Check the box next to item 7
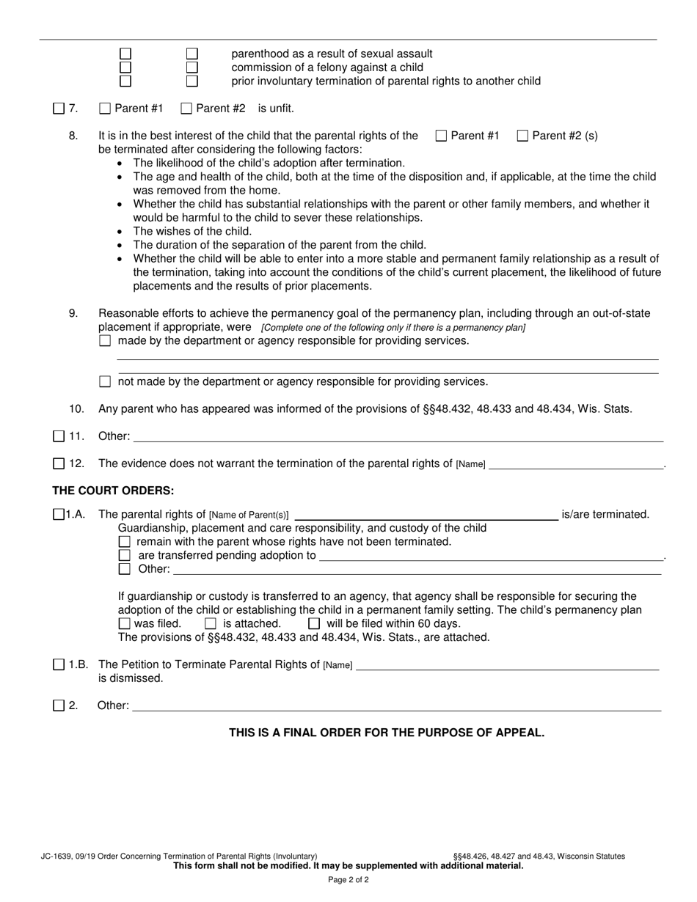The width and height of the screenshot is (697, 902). pyautogui.click(x=59, y=109)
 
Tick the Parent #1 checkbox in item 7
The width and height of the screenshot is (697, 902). pyautogui.click(x=104, y=109)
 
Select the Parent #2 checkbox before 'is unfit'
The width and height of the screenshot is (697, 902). pyautogui.click(x=186, y=109)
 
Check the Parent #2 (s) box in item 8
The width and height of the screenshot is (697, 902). pyautogui.click(x=523, y=136)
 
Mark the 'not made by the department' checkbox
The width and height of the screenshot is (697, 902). pyautogui.click(x=105, y=381)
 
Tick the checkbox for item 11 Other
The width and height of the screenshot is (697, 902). pyautogui.click(x=59, y=436)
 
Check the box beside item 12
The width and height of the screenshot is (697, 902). pyautogui.click(x=59, y=463)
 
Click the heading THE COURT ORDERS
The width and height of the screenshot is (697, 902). pyautogui.click(x=113, y=491)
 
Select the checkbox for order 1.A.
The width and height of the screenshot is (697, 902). pyautogui.click(x=59, y=515)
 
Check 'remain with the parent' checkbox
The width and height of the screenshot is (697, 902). pyautogui.click(x=125, y=542)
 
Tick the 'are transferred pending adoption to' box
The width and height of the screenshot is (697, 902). pyautogui.click(x=125, y=555)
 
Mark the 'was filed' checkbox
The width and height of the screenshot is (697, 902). pyautogui.click(x=125, y=624)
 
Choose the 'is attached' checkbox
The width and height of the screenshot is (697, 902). pyautogui.click(x=211, y=624)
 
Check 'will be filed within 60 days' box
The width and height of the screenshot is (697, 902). pyautogui.click(x=314, y=624)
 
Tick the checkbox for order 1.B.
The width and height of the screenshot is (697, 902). pyautogui.click(x=59, y=665)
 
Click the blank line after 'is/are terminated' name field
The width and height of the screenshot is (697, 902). pyautogui.click(x=426, y=514)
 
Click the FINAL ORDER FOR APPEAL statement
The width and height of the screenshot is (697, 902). pyautogui.click(x=387, y=733)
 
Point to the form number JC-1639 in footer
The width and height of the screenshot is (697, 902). pyautogui.click(x=54, y=856)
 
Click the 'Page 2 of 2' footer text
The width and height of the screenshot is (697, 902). pyautogui.click(x=348, y=879)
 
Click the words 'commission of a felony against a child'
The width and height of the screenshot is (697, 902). pyautogui.click(x=327, y=67)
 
